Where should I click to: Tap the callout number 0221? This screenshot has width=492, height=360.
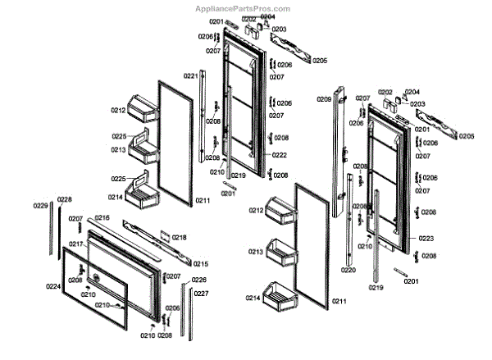[x=190, y=76]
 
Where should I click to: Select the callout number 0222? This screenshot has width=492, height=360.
[x=280, y=155]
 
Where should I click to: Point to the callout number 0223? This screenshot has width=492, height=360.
[x=426, y=238]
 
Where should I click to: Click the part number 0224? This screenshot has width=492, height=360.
[x=53, y=286]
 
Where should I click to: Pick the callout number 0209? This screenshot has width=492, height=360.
[x=324, y=99]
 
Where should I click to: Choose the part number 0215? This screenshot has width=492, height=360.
[x=201, y=263]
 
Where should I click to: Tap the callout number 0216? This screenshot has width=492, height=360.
[x=102, y=217]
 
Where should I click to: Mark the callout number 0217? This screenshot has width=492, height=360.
[x=75, y=244]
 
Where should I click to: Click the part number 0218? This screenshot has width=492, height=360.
[x=179, y=237]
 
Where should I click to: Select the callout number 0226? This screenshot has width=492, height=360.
[x=199, y=280]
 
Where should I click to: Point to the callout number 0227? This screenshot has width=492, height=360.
[x=201, y=293]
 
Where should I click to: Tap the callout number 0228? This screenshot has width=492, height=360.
[x=64, y=199]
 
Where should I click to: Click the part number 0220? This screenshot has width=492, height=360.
[x=348, y=270]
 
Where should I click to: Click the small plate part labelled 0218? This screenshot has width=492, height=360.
[x=164, y=236]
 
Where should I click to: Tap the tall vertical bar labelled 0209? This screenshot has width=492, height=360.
[x=337, y=164]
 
